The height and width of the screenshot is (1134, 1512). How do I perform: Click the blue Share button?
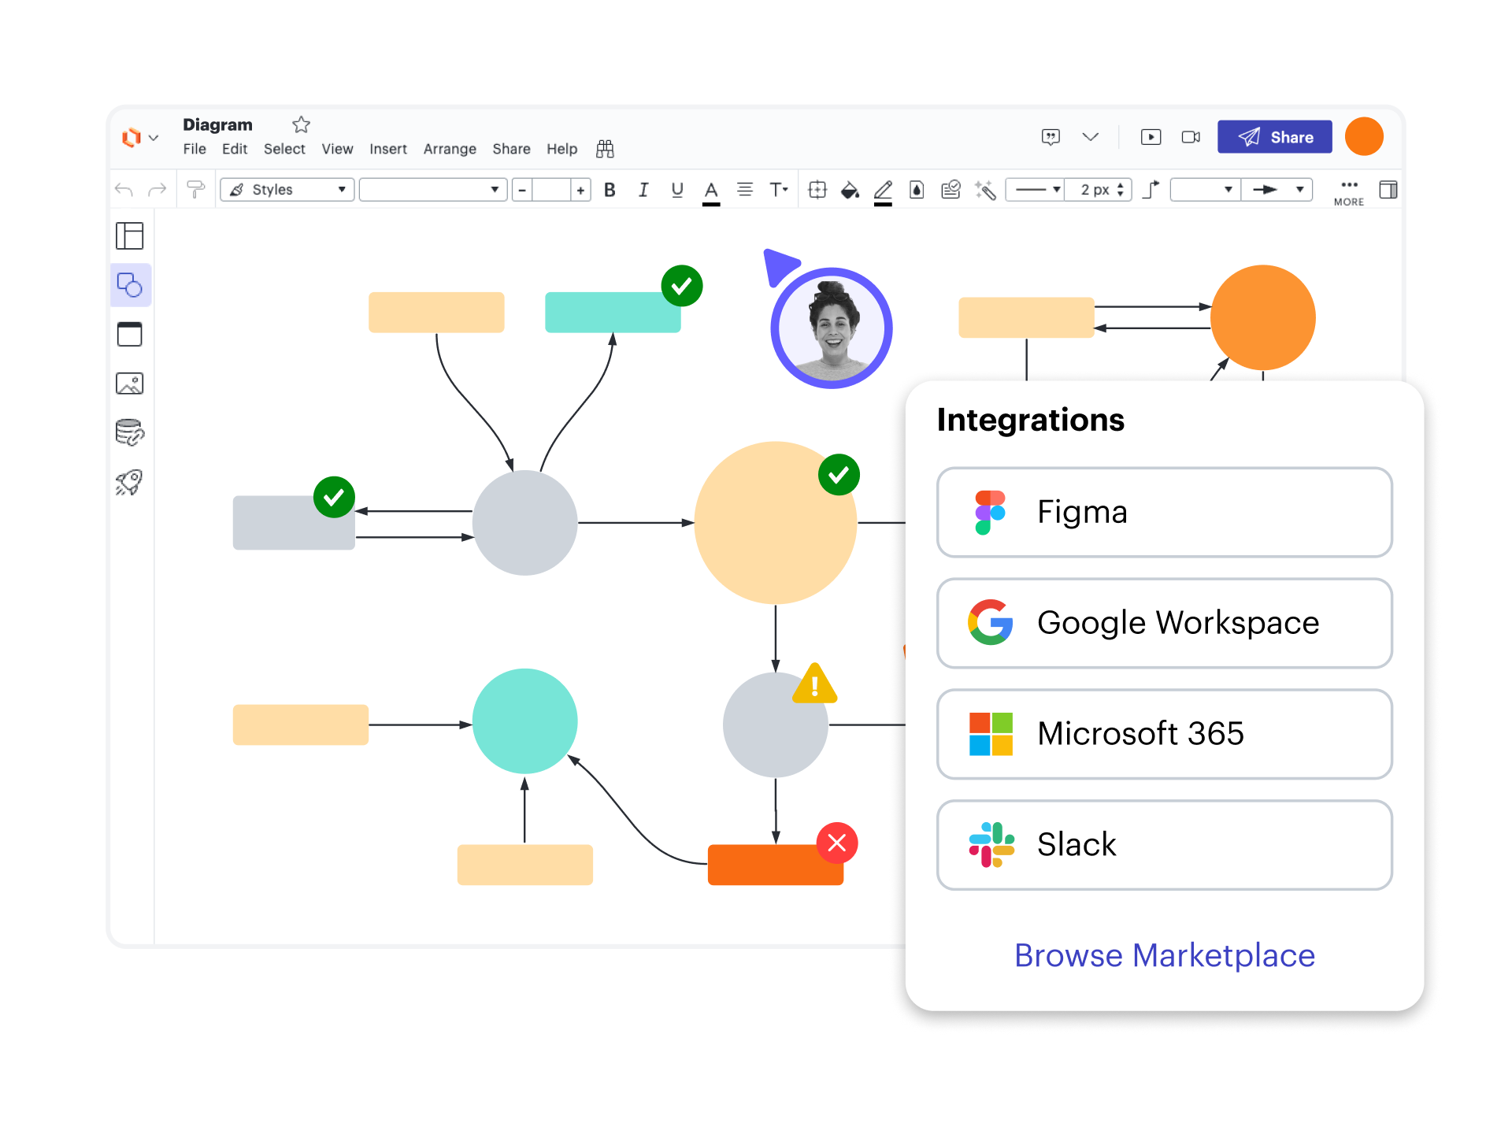coord(1274,137)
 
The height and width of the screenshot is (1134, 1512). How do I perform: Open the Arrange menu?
coord(450,149)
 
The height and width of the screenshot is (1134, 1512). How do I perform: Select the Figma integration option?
coord(1164,513)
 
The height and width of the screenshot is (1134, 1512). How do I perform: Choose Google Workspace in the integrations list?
coord(1164,624)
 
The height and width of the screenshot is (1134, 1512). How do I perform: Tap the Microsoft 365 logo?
coord(991,734)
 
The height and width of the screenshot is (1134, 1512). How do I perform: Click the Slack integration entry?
coord(1164,845)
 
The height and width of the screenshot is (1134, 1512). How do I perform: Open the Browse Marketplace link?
coord(1164,955)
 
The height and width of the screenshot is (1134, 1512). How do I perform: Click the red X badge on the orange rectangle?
coord(837,843)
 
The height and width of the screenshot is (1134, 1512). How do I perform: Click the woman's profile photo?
coord(832,328)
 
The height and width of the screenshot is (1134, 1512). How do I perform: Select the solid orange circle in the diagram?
coord(1262,317)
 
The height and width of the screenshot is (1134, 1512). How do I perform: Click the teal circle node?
coord(524,721)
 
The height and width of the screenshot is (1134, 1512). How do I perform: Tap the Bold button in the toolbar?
coord(610,190)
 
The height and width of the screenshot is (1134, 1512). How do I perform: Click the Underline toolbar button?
coord(677,190)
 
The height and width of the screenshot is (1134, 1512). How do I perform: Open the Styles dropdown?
coord(287,190)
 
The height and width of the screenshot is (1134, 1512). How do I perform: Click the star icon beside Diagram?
coord(301,124)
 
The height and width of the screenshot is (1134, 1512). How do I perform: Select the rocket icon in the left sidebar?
coord(130,482)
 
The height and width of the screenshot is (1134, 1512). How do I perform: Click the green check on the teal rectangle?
coord(682,286)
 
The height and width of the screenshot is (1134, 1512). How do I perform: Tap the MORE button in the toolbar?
coord(1349,191)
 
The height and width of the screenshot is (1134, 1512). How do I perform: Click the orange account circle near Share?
coord(1364,137)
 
